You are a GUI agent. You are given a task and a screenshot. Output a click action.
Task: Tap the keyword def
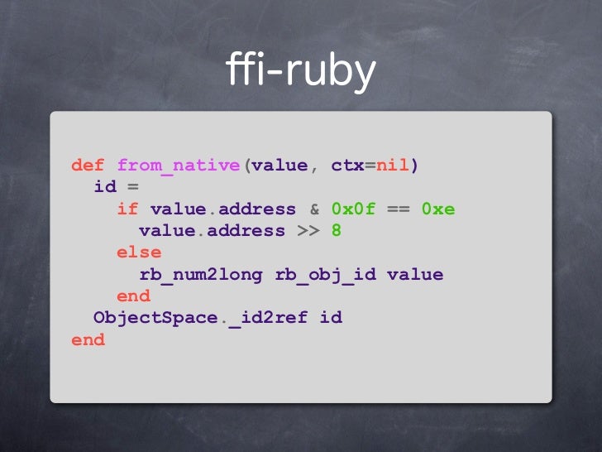click(x=88, y=166)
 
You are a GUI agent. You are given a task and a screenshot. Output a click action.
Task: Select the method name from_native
click(x=179, y=166)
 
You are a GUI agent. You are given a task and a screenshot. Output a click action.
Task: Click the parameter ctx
click(x=348, y=166)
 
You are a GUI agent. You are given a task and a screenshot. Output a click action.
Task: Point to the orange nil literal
click(x=393, y=166)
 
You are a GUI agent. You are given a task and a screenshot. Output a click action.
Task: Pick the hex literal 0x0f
click(x=353, y=209)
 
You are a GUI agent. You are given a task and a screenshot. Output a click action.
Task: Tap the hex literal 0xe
click(x=438, y=209)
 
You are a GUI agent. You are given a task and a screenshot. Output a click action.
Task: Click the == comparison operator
click(x=398, y=209)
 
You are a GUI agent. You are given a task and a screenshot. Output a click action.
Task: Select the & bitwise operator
click(x=314, y=209)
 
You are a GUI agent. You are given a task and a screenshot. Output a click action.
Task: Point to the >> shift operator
click(x=308, y=231)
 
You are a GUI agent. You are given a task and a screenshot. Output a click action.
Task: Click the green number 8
click(x=337, y=231)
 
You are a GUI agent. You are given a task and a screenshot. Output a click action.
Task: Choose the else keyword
click(x=139, y=252)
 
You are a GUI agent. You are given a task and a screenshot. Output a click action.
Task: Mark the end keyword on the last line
click(x=88, y=340)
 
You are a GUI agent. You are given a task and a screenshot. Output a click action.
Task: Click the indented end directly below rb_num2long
click(x=133, y=296)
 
